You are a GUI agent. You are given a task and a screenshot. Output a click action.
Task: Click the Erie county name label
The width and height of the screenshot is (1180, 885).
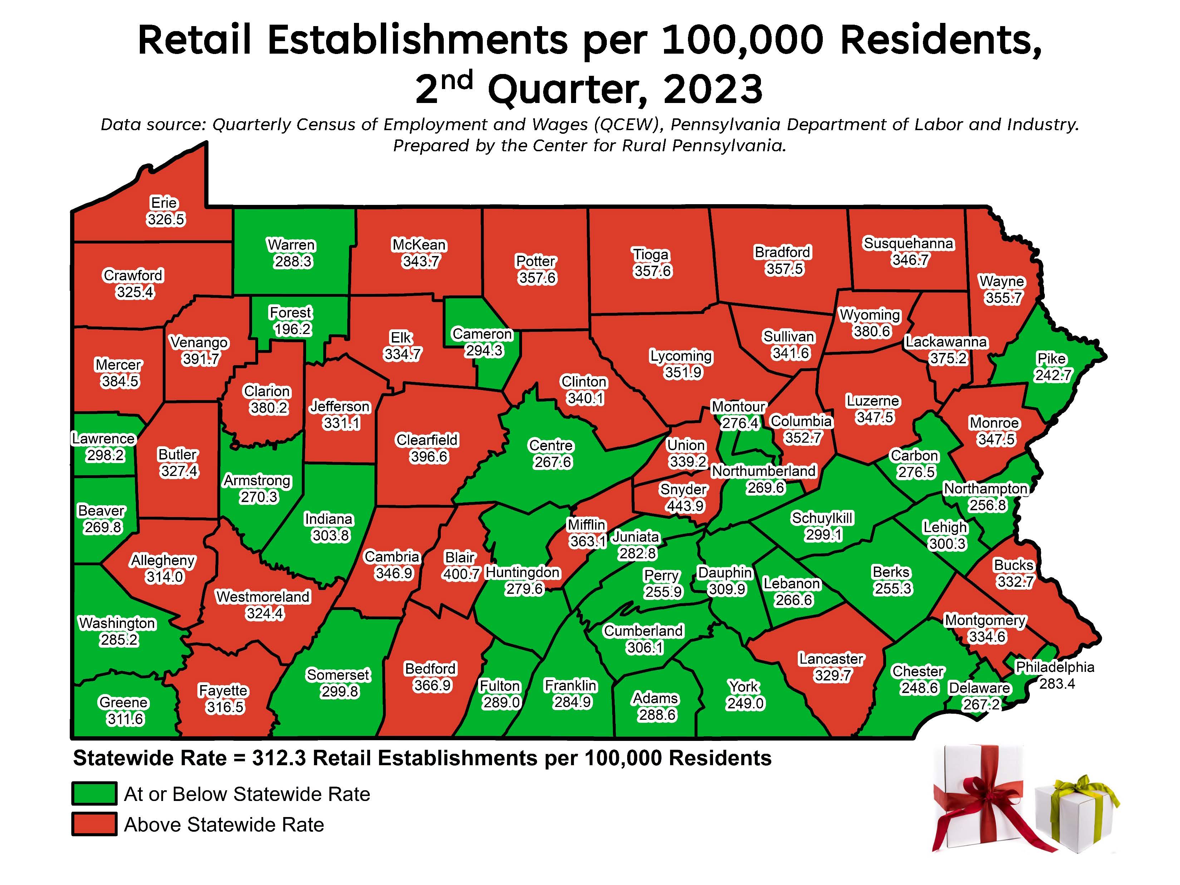[x=164, y=203]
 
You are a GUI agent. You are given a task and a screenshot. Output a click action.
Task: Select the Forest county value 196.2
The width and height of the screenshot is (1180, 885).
[x=292, y=329]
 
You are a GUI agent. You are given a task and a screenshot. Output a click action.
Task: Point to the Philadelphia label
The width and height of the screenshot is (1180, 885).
[x=1054, y=667]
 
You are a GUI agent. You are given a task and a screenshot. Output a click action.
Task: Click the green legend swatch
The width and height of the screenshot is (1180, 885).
[x=94, y=794]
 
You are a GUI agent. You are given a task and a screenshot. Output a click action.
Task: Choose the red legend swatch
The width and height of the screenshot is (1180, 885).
[x=94, y=824]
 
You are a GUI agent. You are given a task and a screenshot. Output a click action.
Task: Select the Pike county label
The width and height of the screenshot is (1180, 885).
[x=1051, y=359]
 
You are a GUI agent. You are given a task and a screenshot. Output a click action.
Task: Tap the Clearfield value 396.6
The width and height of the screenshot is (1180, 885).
[x=429, y=457]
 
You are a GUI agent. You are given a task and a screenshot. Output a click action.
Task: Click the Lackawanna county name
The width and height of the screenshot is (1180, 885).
[x=945, y=342]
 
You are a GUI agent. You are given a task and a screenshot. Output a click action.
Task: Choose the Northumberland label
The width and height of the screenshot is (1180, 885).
[x=763, y=471]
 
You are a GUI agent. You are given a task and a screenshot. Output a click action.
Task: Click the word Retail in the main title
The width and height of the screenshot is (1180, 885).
[x=195, y=40]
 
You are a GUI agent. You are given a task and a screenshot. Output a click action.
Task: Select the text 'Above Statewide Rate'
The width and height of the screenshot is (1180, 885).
[x=224, y=825]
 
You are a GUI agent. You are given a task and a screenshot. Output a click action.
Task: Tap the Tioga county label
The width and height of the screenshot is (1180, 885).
[x=650, y=255]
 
